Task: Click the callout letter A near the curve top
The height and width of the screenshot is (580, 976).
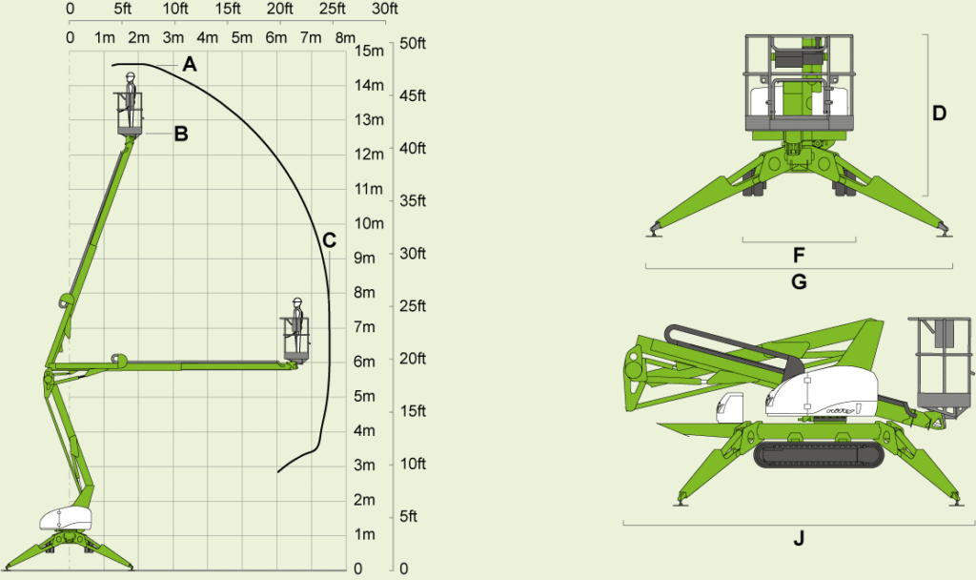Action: (x=190, y=64)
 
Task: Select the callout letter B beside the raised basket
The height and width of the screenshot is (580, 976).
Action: (x=181, y=134)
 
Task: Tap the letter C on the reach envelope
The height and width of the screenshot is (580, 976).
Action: (x=329, y=240)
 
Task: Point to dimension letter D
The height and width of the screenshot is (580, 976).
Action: (x=939, y=114)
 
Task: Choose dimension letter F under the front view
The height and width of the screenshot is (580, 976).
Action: (x=800, y=255)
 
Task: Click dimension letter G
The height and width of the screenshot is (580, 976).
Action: (x=800, y=282)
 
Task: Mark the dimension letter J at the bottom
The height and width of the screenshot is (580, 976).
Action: (x=800, y=538)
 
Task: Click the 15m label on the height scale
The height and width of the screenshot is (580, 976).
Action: (x=369, y=51)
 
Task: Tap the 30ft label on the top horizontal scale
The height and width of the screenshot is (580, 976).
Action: (x=384, y=9)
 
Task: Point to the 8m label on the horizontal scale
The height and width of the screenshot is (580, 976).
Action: (x=345, y=37)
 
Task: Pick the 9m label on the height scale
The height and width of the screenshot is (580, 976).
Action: (x=365, y=258)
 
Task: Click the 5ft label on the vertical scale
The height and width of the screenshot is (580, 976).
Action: (x=408, y=516)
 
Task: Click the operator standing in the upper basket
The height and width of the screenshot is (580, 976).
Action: (x=130, y=99)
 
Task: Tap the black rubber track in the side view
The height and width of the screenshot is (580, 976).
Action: (x=819, y=455)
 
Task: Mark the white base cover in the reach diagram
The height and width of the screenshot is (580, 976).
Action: (x=66, y=518)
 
